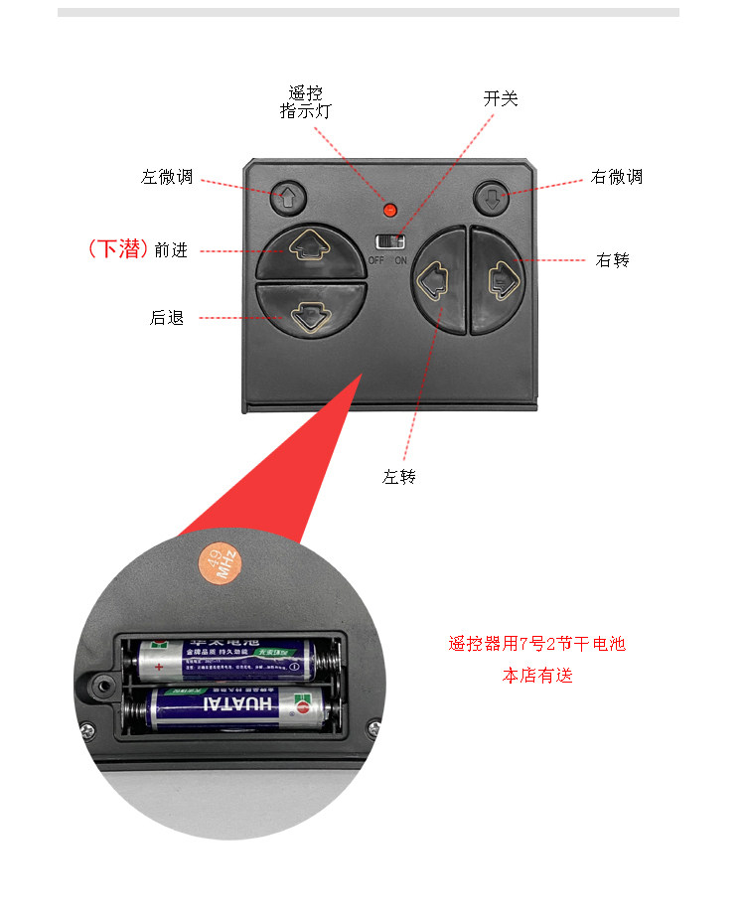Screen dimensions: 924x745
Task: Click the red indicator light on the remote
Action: [389, 210]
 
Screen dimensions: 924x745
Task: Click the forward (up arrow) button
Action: [311, 250]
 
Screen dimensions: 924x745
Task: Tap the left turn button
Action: [438, 280]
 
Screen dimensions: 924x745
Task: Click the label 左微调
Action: [167, 178]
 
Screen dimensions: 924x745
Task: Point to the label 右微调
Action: [616, 177]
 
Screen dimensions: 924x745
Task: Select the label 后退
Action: [167, 318]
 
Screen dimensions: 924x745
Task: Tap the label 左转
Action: [399, 477]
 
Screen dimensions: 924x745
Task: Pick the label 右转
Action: [613, 260]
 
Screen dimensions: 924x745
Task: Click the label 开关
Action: [501, 99]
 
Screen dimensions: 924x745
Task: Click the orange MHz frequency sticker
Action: [217, 563]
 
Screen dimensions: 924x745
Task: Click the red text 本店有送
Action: [537, 676]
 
